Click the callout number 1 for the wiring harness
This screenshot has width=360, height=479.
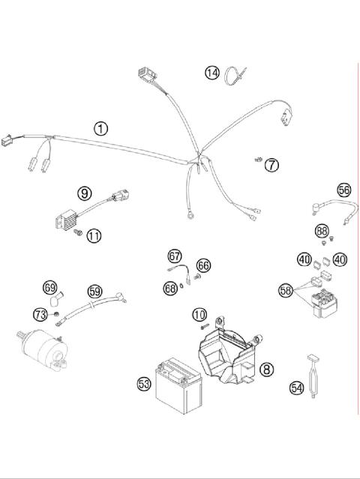[x=100, y=128]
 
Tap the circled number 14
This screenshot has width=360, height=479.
[x=213, y=73]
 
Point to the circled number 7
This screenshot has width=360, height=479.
[x=271, y=163]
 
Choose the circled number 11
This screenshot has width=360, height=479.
[x=93, y=236]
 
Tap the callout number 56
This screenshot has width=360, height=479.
[x=343, y=190]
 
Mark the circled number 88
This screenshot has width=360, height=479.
[x=322, y=232]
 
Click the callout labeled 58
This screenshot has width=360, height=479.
[x=286, y=289]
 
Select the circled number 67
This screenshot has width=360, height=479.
[x=175, y=256]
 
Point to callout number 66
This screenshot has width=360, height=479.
[x=203, y=265]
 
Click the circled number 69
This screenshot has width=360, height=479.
[x=50, y=287]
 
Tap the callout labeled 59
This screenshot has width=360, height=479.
[x=94, y=290]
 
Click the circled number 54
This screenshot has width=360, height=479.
[x=297, y=388]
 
